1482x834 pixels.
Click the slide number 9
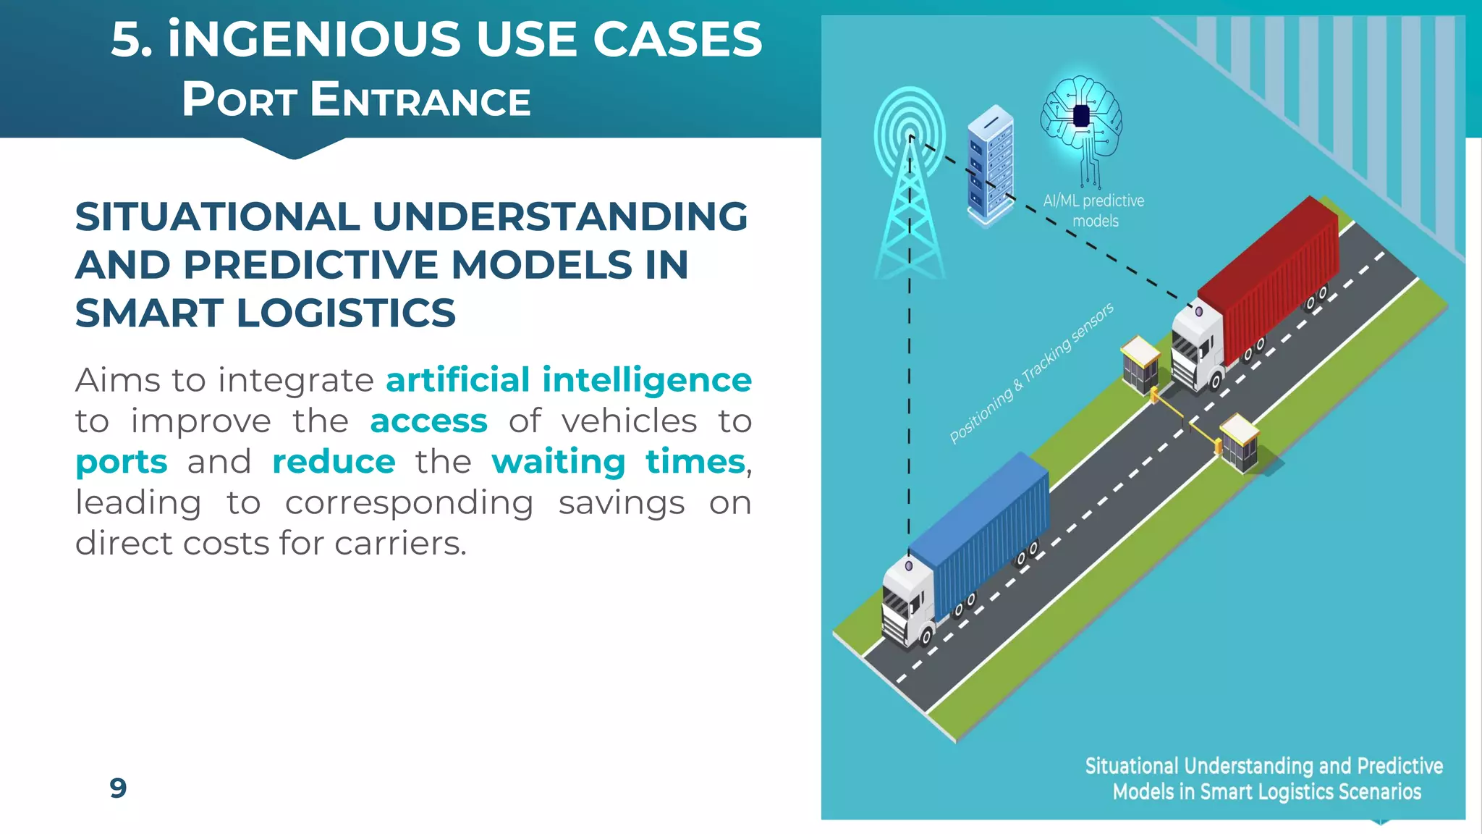tap(118, 788)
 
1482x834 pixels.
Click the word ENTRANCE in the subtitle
tap(420, 100)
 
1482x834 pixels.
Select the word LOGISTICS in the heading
tap(346, 313)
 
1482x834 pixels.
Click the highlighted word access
tap(428, 421)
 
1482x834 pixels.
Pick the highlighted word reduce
tap(334, 462)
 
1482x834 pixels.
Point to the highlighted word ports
tap(122, 462)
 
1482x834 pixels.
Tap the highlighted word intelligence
tap(647, 380)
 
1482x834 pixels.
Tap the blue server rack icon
tap(990, 167)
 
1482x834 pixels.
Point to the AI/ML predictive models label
tap(1094, 211)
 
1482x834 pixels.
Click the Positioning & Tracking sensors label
tap(1031, 374)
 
